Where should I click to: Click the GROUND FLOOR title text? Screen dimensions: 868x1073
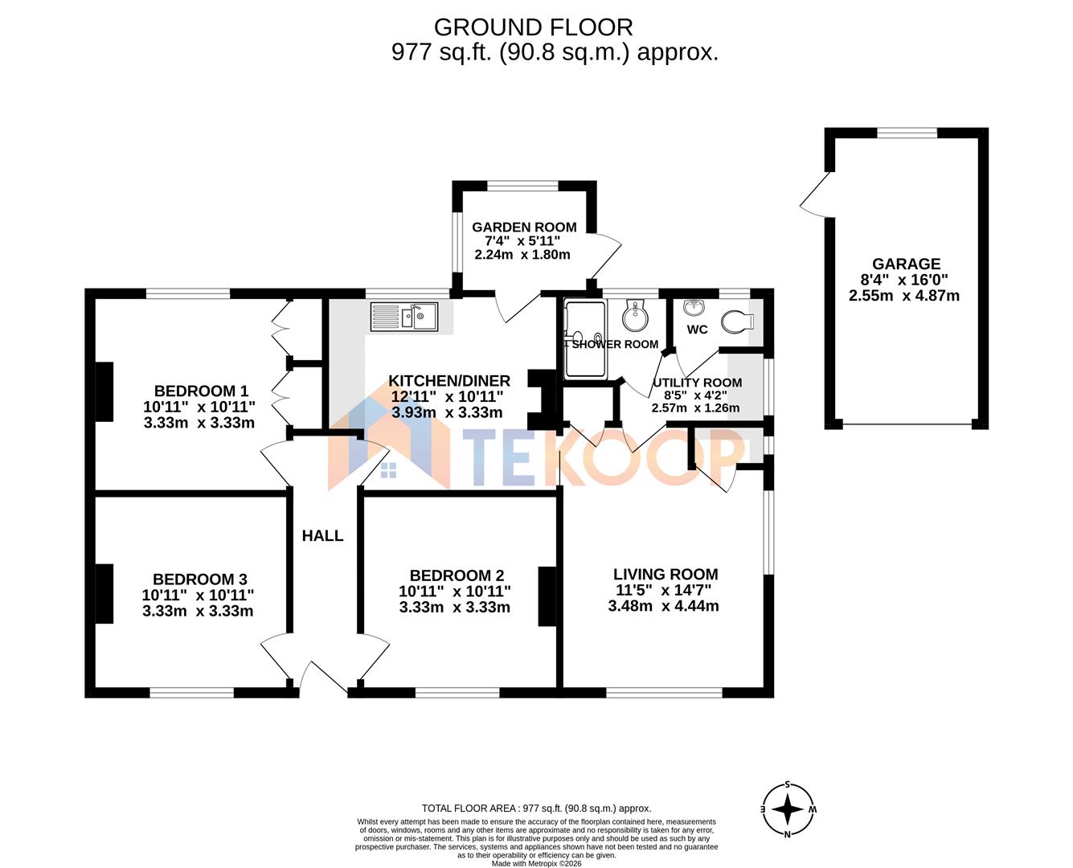coord(533,27)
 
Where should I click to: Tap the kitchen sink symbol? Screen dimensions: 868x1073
coord(403,316)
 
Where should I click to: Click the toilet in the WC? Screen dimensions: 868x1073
coord(737,322)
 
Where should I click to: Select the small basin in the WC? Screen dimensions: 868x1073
coord(693,307)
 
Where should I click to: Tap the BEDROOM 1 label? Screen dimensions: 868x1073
coord(195,391)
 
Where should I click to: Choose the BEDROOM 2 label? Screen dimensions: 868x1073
coord(457,575)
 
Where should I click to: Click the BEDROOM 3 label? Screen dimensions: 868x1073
coord(199,579)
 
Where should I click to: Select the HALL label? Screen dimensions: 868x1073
coord(322,536)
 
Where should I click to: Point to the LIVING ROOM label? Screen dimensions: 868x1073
coord(666,574)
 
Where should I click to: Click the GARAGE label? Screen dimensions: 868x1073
coord(906,264)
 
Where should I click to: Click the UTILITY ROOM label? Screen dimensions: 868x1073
coord(697,383)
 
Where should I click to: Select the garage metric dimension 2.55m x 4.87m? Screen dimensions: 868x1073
coord(904,296)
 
